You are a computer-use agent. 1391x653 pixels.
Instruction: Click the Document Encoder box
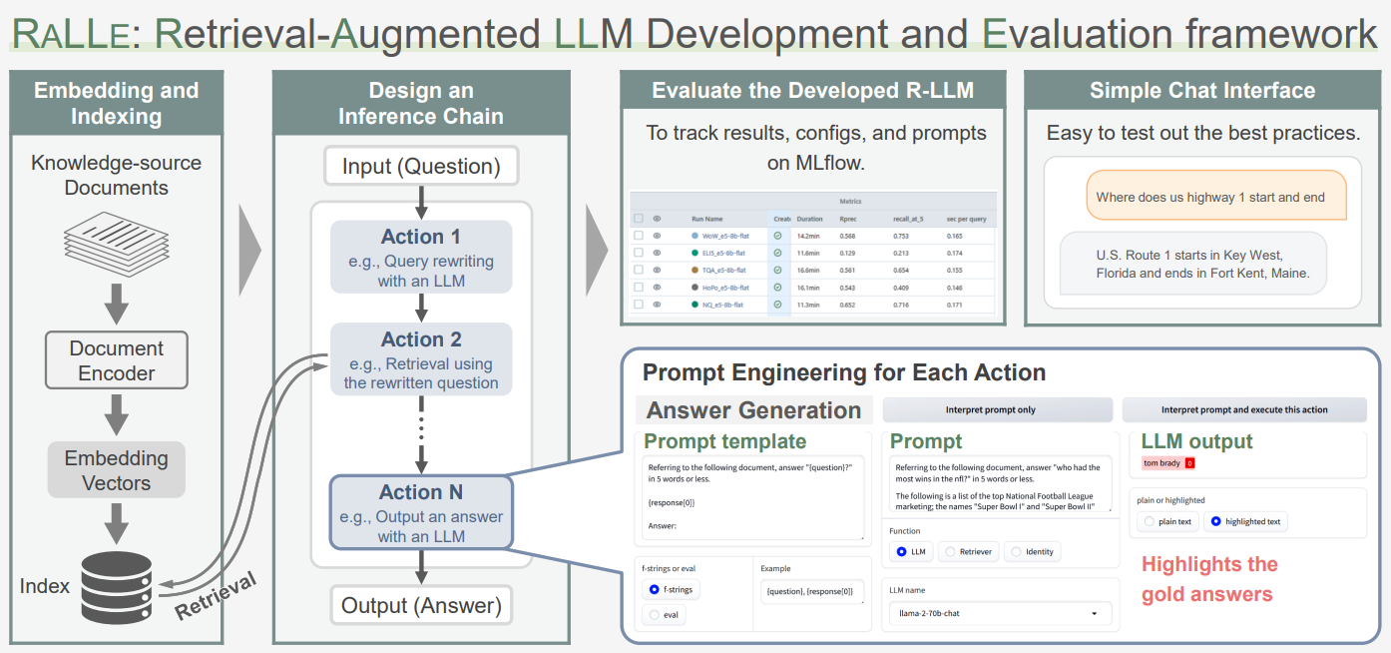[x=116, y=360]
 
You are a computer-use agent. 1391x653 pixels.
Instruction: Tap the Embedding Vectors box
[x=116, y=470]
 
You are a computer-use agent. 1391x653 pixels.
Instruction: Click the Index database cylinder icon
[x=116, y=588]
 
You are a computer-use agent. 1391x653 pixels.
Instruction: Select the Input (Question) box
[x=421, y=166]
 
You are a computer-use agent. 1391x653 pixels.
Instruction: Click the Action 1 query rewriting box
[x=421, y=257]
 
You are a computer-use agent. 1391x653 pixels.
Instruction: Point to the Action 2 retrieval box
[x=421, y=359]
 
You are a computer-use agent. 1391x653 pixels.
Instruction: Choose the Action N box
[x=421, y=512]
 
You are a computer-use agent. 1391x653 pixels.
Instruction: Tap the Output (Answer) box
[x=421, y=605]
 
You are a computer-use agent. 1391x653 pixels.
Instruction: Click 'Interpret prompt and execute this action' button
[x=1244, y=409]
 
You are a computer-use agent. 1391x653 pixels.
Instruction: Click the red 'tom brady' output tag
[x=1167, y=463]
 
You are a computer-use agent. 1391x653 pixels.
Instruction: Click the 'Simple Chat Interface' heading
[x=1202, y=91]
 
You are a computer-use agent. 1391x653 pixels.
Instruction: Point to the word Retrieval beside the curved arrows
[x=216, y=596]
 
